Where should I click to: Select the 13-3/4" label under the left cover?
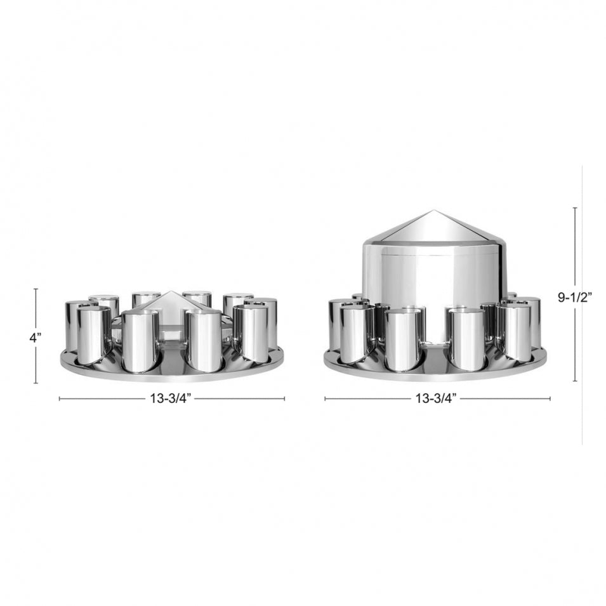click(171, 399)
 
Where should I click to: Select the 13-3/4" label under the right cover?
click(437, 399)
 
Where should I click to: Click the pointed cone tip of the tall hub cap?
click(434, 213)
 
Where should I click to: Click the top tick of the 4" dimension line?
click(36, 289)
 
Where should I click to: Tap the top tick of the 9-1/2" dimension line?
click(575, 207)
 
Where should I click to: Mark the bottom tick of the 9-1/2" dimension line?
click(575, 381)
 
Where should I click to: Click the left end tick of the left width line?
click(59, 399)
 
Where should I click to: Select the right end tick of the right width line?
click(550, 399)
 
